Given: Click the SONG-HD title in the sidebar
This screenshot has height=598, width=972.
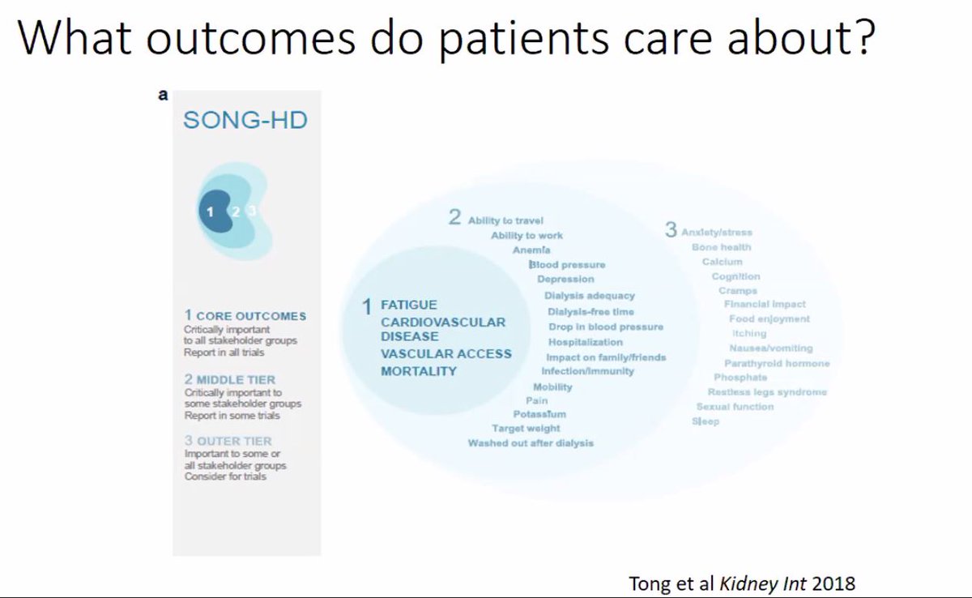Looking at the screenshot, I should click(245, 121).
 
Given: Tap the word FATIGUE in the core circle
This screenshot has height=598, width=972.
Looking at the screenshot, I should click(409, 305).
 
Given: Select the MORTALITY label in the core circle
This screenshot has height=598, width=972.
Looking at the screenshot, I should click(419, 371).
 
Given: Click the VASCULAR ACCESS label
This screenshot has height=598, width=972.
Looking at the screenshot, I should click(446, 353).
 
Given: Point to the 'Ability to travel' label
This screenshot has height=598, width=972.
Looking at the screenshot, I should click(505, 220).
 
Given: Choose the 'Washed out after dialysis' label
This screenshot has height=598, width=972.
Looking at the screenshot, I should click(531, 443).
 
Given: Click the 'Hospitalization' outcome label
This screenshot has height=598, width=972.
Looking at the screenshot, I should click(585, 342).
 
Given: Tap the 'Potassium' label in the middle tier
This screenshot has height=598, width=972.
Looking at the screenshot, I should click(539, 414).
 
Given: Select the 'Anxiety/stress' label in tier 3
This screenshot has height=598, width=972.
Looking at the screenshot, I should click(716, 233).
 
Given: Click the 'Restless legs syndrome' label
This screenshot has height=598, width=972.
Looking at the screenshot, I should click(767, 392).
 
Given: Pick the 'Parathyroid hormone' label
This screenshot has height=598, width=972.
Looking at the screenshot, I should click(776, 364).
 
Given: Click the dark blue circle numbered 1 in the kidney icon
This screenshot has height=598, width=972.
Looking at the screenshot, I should click(210, 211).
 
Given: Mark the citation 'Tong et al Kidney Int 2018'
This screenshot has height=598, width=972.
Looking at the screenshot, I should click(742, 583).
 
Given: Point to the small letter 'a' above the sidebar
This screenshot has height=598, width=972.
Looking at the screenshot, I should click(163, 95).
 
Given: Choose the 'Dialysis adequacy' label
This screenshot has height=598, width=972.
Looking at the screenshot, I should click(590, 296).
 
